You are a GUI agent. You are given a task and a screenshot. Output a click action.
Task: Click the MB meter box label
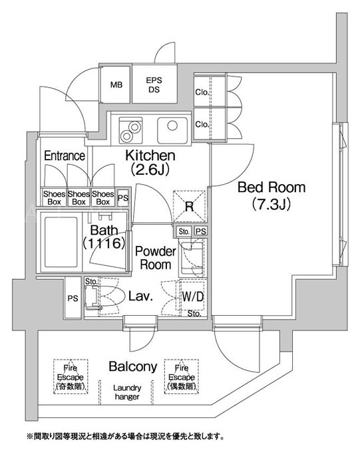pos(116,85)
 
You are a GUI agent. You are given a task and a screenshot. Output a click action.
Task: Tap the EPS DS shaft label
pos(154,85)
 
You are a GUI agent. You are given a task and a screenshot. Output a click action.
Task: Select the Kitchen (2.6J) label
pos(150,163)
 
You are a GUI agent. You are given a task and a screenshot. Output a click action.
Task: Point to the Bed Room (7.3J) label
pos(271,195)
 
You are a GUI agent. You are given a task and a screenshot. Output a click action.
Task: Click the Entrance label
pos(65,156)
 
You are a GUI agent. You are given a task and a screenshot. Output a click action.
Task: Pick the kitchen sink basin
pos(172,130)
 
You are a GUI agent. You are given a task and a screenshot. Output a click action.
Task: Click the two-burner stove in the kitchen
pos(130,130)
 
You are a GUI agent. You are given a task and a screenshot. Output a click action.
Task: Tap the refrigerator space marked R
pos(189,206)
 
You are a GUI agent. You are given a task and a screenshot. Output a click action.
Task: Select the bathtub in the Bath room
pos(61,242)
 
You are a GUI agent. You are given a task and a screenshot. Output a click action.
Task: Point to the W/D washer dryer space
pos(192,296)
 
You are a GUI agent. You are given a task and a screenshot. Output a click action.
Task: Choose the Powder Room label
pos(156,258)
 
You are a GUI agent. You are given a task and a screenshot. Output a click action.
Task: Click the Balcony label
pos(133,366)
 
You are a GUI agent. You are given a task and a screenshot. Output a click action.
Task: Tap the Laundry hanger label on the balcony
pos(127,392)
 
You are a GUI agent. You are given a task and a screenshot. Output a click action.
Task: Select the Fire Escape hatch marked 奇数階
pos(71,376)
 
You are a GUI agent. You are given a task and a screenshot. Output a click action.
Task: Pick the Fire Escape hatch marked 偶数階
pos(182,376)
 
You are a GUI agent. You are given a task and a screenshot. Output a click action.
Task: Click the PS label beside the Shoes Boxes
pos(123,198)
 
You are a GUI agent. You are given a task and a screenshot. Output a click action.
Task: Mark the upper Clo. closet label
pos(202,92)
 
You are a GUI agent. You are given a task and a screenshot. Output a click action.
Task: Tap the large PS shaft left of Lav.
pos(73,298)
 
